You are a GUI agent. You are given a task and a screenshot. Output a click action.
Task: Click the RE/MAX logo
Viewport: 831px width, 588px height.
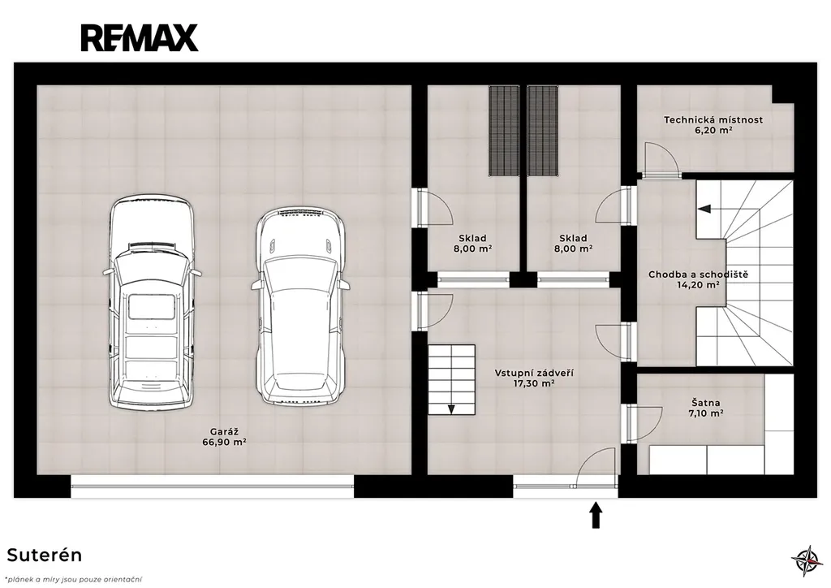click(140, 37)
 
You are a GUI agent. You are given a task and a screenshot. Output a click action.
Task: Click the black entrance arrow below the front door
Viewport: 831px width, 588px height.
click(596, 516)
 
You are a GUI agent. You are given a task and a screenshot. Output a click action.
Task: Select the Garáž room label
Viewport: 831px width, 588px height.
click(224, 431)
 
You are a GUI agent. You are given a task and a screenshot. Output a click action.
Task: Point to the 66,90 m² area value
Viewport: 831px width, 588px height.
click(224, 441)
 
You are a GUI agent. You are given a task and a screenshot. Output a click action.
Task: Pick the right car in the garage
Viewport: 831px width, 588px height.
click(300, 306)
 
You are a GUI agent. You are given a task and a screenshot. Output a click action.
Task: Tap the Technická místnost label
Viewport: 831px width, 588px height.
click(713, 120)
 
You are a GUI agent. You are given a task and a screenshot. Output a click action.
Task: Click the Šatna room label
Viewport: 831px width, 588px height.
click(705, 403)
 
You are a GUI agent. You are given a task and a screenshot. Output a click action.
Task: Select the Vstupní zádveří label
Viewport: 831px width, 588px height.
click(534, 373)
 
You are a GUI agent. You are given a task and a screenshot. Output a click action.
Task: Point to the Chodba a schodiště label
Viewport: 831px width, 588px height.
click(698, 275)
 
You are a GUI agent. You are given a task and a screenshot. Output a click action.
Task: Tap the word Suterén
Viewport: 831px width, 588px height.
click(45, 556)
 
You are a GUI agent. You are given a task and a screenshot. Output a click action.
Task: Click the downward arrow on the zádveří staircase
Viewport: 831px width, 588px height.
click(451, 409)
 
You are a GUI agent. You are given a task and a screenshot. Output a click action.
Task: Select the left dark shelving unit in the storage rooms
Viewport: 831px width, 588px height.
click(503, 131)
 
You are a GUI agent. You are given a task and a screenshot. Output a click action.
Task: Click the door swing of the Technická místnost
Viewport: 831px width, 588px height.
click(662, 158)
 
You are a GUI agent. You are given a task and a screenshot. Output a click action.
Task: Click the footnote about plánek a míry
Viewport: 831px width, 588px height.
click(74, 579)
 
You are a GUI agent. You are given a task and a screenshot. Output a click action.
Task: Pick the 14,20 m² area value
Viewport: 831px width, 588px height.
click(698, 285)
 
